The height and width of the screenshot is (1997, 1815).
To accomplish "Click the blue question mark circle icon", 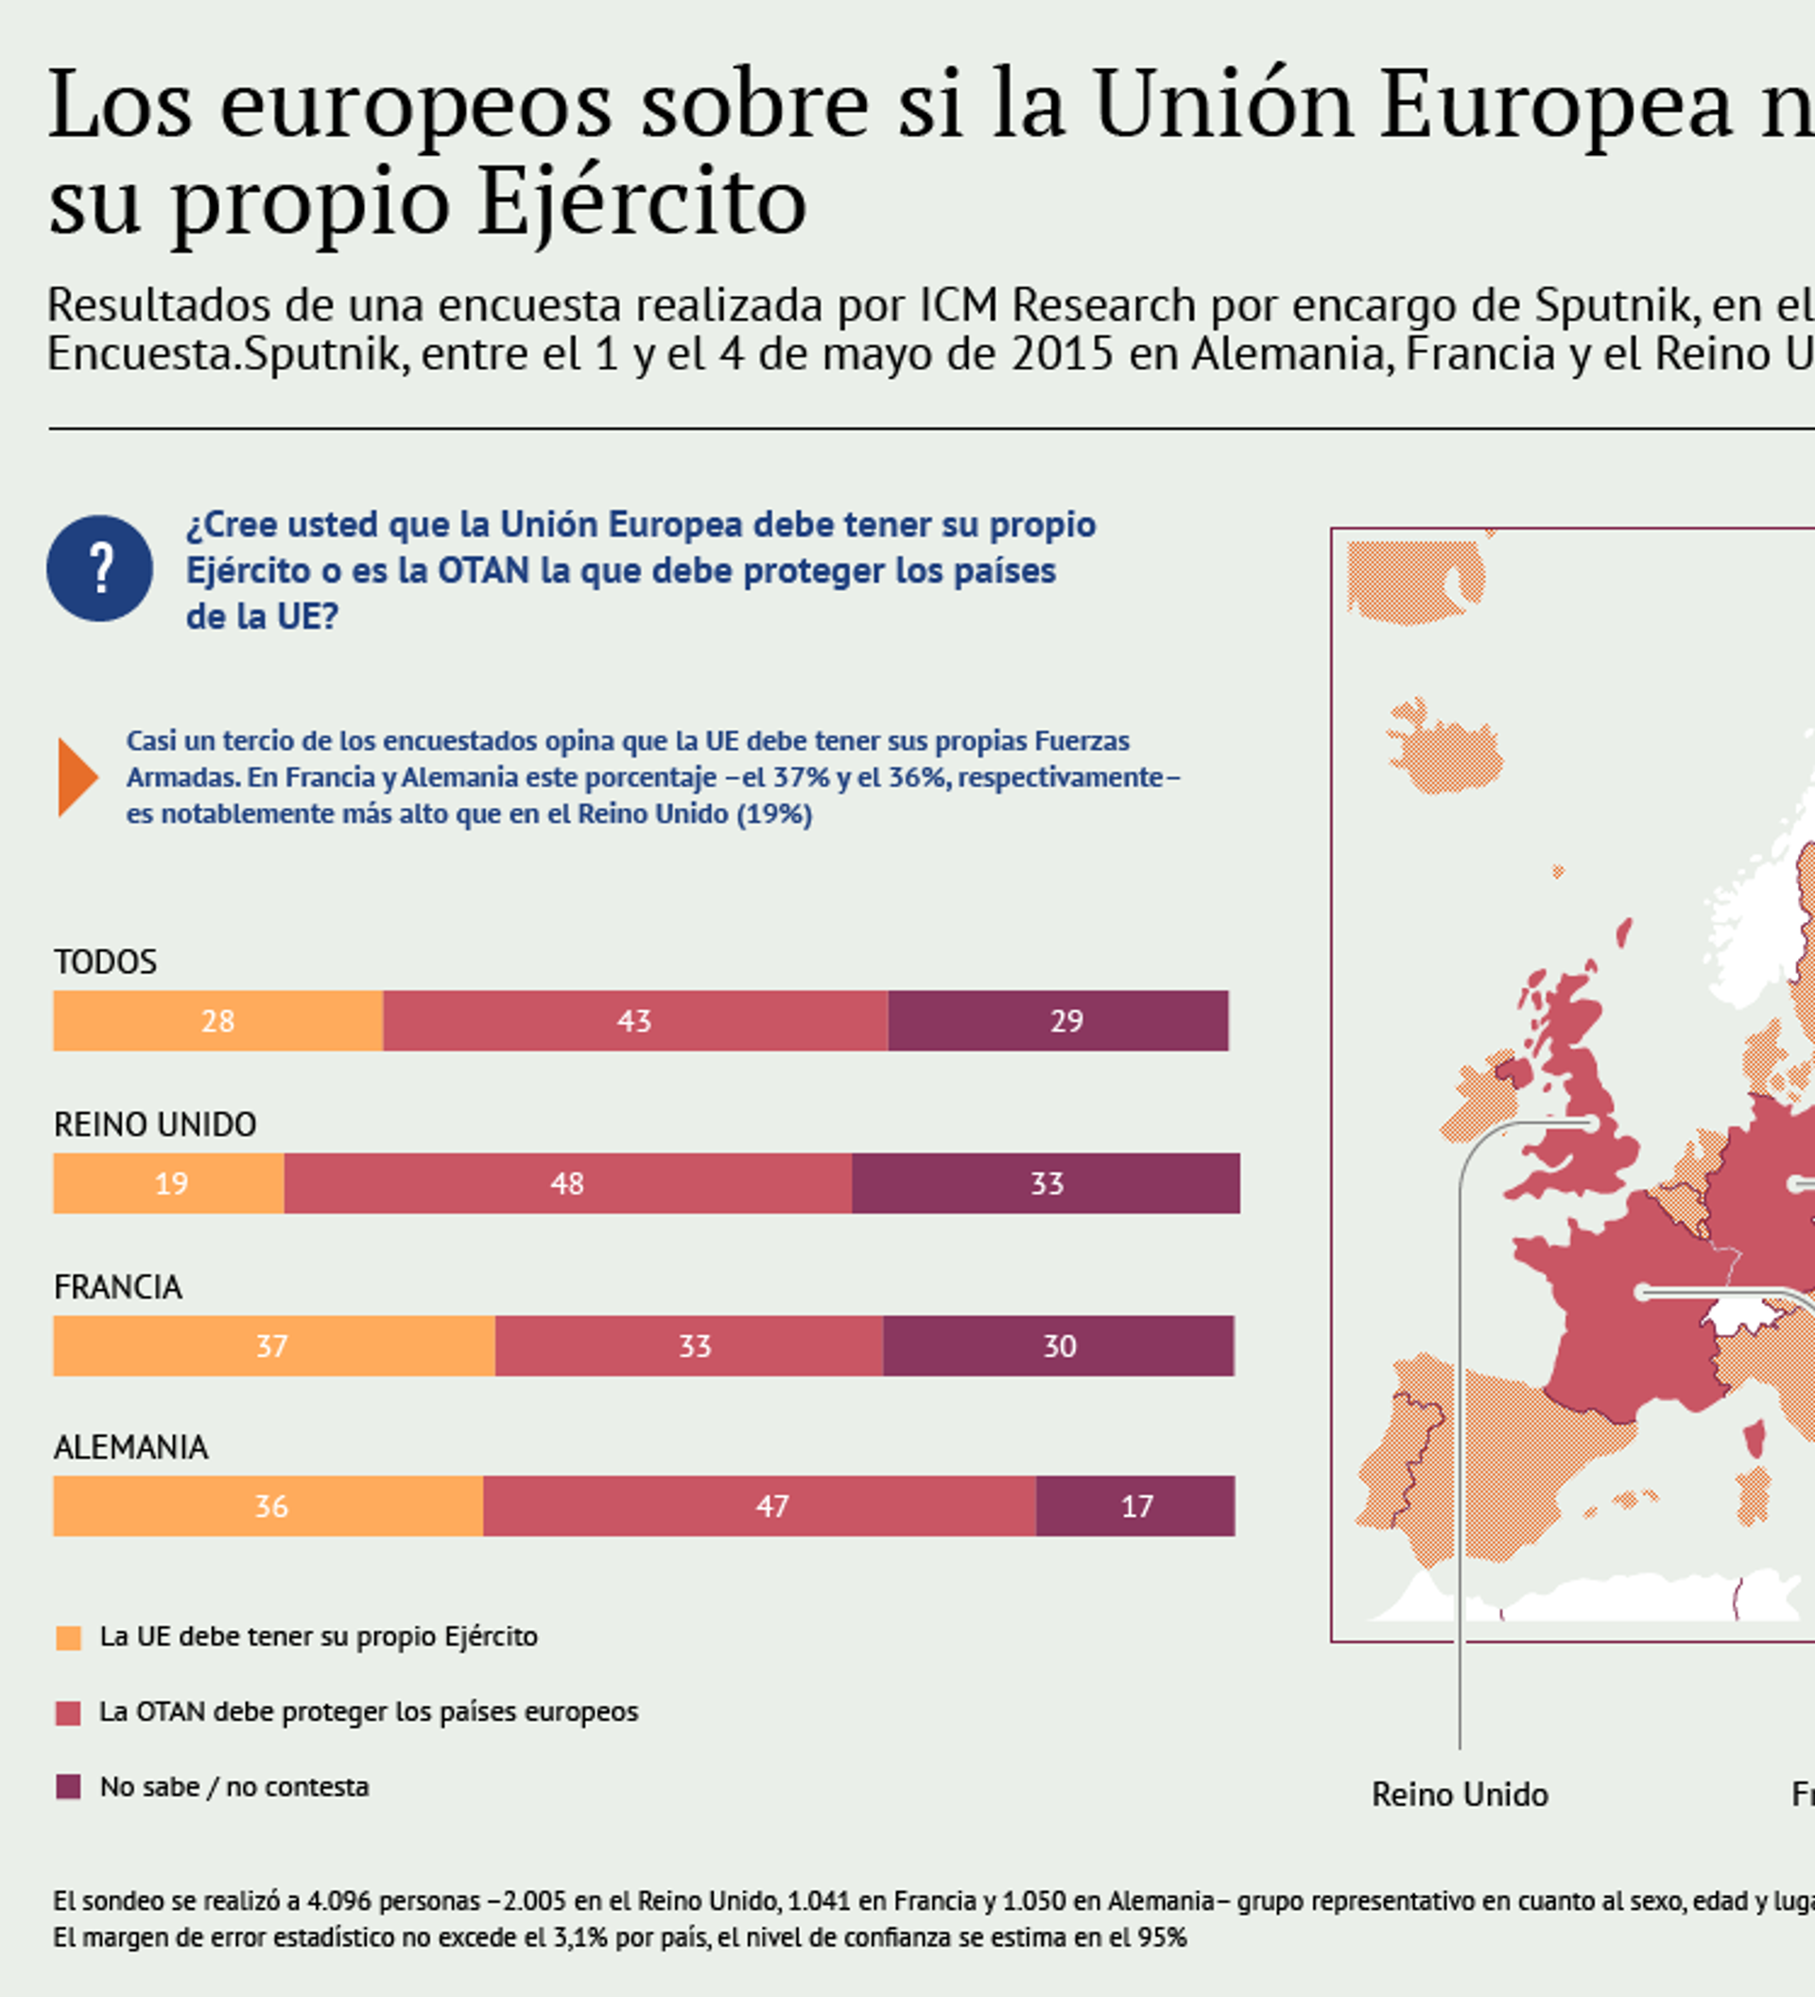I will pyautogui.click(x=99, y=568).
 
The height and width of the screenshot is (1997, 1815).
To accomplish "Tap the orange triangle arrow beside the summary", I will pyautogui.click(x=77, y=776).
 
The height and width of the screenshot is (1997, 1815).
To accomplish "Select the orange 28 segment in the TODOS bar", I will pyautogui.click(x=217, y=1020).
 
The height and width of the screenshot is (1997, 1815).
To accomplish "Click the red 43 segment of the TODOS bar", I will pyautogui.click(x=634, y=1020).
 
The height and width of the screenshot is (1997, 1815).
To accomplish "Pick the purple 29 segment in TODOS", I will pyautogui.click(x=1058, y=1020).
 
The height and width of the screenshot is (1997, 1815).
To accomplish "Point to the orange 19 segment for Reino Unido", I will pyautogui.click(x=169, y=1183).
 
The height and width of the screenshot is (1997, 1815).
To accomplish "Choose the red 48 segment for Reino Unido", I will pyautogui.click(x=567, y=1183).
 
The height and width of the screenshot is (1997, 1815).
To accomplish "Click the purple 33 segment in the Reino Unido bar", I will pyautogui.click(x=1046, y=1183).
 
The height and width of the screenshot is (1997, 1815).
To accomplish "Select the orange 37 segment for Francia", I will pyautogui.click(x=273, y=1346).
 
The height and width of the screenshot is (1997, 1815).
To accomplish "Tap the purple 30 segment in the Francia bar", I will pyautogui.click(x=1059, y=1346).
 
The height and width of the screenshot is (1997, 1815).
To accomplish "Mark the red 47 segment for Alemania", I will pyautogui.click(x=759, y=1505).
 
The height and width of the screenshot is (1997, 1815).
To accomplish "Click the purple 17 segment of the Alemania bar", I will pyautogui.click(x=1135, y=1505).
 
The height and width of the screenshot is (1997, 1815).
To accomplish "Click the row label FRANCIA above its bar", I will pyautogui.click(x=118, y=1287).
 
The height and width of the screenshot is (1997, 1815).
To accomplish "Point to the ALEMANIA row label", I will pyautogui.click(x=130, y=1448).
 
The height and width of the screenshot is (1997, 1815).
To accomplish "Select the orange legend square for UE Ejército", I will pyautogui.click(x=68, y=1638).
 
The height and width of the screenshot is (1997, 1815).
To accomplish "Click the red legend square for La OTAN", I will pyautogui.click(x=68, y=1712).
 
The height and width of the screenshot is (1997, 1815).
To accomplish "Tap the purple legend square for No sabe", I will pyautogui.click(x=68, y=1787).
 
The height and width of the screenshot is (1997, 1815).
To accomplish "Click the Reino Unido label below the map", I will pyautogui.click(x=1460, y=1795).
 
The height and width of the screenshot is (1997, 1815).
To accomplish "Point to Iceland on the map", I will pyautogui.click(x=1444, y=748).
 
